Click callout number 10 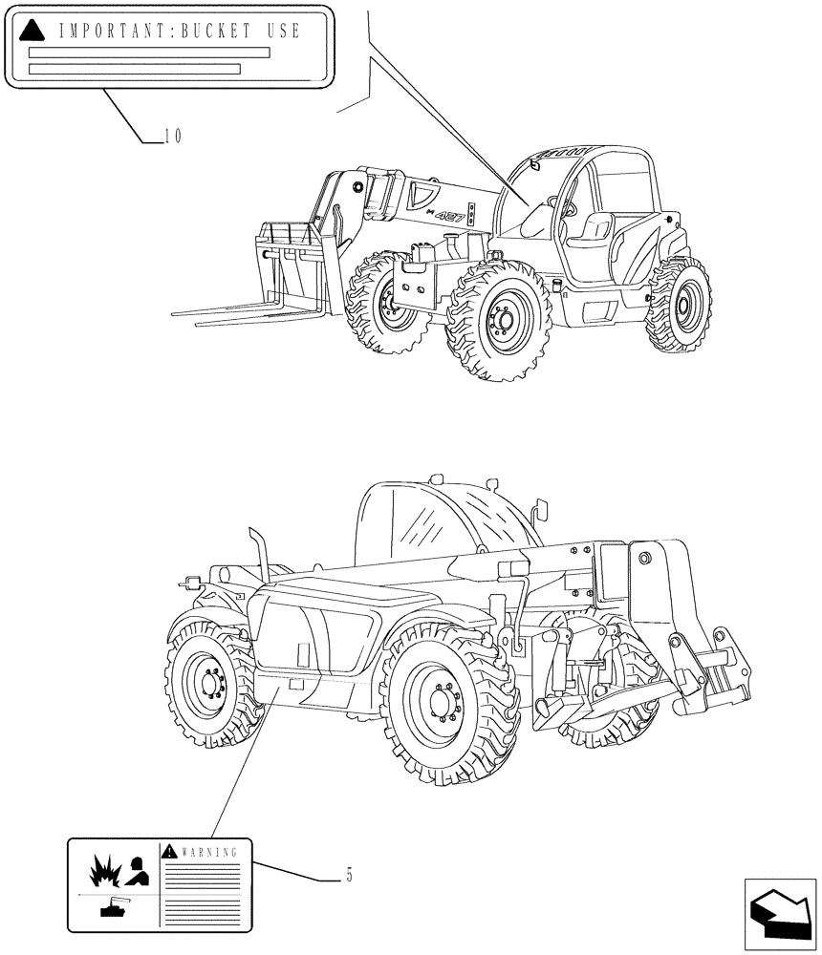(172, 136)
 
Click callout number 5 (349, 875)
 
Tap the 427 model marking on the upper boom (450, 217)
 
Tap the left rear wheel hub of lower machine (208, 684)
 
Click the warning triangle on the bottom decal (169, 850)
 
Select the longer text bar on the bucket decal (149, 53)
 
